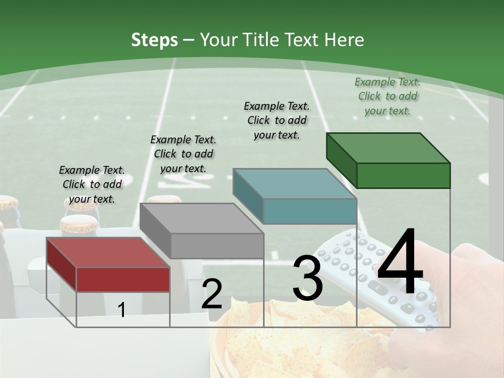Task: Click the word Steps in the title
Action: click(x=154, y=40)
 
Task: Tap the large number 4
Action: click(x=400, y=262)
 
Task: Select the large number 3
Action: click(x=307, y=278)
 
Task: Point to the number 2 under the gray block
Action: click(x=212, y=294)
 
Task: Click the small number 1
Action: click(x=121, y=310)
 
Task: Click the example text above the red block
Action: click(x=92, y=184)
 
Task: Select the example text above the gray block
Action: click(x=183, y=154)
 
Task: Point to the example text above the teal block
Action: click(x=277, y=120)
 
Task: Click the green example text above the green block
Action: click(x=387, y=96)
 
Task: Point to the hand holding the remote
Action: click(x=472, y=294)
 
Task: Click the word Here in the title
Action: click(x=345, y=40)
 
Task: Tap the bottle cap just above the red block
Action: click(x=78, y=225)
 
